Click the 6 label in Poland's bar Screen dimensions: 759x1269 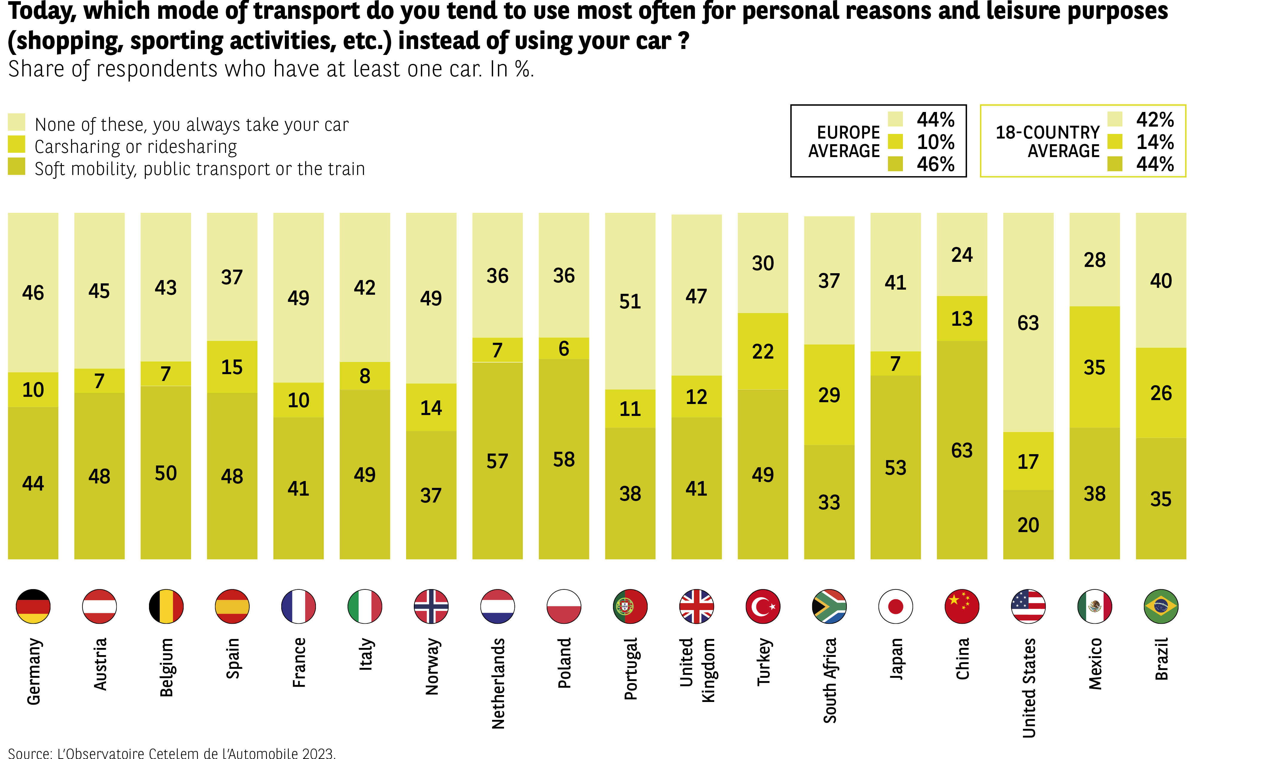click(x=564, y=349)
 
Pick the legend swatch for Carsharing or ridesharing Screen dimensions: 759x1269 click(x=16, y=144)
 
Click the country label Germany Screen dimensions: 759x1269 click(x=33, y=671)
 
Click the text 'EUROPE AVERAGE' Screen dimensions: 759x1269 click(x=844, y=142)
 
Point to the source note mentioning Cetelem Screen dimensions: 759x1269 click(x=171, y=753)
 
